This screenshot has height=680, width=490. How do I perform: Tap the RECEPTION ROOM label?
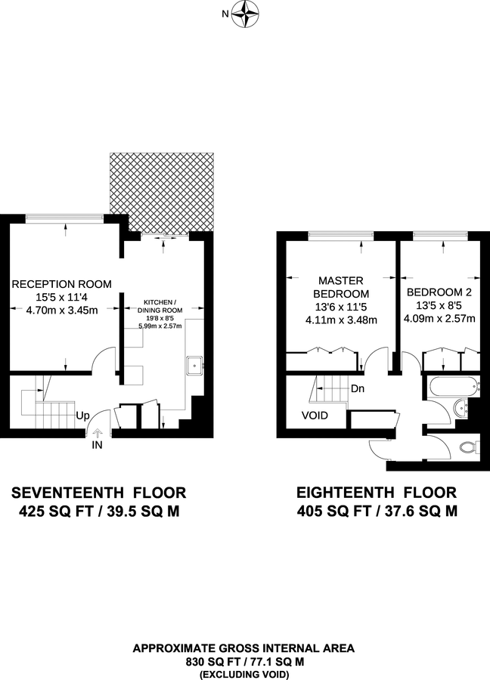click(62, 284)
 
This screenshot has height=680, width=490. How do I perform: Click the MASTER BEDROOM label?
click(340, 286)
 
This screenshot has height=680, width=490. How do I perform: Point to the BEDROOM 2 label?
click(439, 292)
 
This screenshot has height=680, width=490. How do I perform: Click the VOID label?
click(315, 415)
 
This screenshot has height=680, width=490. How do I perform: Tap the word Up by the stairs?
click(83, 416)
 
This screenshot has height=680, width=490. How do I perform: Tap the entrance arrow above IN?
click(97, 434)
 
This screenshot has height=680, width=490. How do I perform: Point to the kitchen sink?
click(195, 365)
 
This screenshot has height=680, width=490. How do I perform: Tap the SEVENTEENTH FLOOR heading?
click(98, 493)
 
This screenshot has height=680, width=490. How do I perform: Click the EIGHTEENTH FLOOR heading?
click(376, 493)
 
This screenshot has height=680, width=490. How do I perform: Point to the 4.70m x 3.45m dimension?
click(62, 310)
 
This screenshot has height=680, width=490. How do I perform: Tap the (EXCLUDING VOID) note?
click(243, 672)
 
